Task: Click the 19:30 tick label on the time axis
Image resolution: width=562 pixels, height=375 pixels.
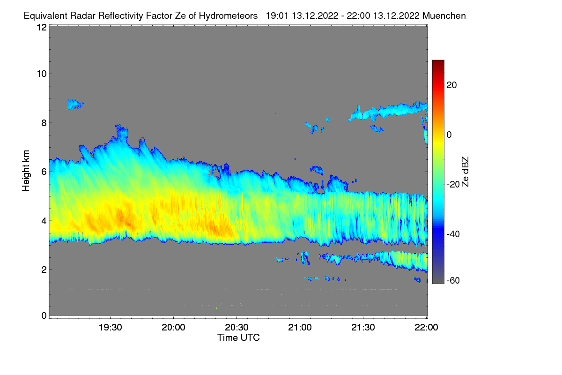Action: (x=110, y=327)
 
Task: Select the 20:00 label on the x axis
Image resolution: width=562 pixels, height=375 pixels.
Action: (x=173, y=327)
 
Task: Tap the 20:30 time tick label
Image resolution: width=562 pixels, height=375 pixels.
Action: (x=237, y=327)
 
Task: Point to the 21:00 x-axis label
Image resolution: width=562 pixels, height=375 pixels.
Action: (x=300, y=327)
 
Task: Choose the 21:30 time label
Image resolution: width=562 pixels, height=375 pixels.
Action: (x=363, y=327)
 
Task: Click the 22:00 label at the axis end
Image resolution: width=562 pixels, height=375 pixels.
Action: (x=426, y=327)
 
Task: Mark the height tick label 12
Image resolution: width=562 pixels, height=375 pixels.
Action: (x=42, y=27)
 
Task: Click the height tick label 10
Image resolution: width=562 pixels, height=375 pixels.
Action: (x=42, y=74)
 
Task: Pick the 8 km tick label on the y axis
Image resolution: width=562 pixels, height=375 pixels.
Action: (x=44, y=123)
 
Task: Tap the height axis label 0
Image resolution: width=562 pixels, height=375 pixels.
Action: (x=44, y=315)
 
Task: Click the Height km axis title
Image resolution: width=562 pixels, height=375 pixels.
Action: (x=26, y=171)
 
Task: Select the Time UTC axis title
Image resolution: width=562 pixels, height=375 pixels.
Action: (x=238, y=337)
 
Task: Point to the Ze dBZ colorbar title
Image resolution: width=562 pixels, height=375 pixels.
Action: (x=465, y=172)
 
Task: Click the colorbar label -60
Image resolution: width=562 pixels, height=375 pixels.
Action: (x=453, y=280)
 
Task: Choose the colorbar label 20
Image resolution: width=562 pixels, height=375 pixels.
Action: (x=451, y=85)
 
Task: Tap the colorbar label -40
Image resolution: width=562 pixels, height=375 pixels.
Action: (x=453, y=234)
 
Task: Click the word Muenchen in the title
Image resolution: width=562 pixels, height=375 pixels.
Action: (x=444, y=16)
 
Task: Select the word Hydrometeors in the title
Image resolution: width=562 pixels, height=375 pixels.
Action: (x=229, y=16)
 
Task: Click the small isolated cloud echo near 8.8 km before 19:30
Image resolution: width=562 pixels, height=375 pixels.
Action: (x=75, y=104)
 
